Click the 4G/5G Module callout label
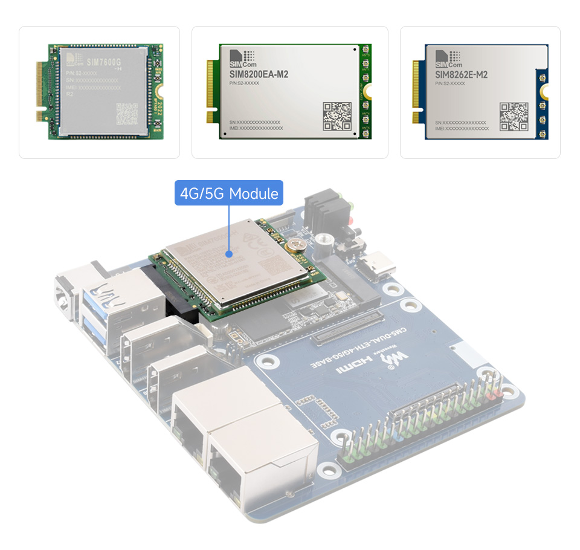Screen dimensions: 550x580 pos(229,193)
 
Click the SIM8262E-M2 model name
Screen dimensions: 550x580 pos(461,75)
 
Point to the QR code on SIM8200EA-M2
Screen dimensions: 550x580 pos(337,116)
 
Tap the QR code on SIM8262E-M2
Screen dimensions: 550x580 pos(514,116)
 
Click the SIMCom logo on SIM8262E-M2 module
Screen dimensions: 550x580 pos(446,59)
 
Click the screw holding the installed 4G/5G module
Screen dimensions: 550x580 pos(296,244)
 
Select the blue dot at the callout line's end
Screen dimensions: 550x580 pos(230,254)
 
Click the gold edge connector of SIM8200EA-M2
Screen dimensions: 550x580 pos(213,91)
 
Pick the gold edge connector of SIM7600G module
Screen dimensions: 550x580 pos(41,91)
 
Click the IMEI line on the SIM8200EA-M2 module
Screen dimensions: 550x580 pos(256,128)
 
